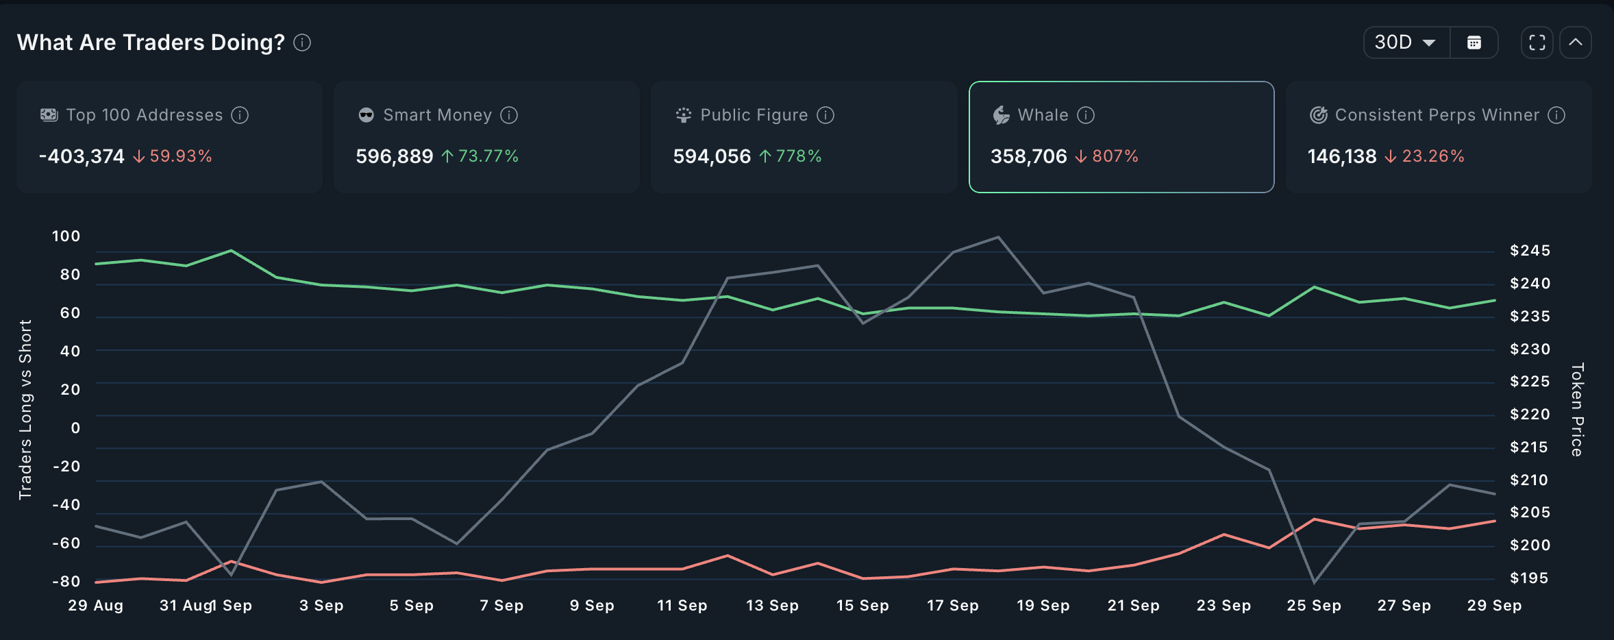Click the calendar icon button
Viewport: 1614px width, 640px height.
click(1474, 42)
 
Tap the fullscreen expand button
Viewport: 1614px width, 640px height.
click(1537, 42)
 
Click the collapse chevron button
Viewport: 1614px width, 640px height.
click(1576, 42)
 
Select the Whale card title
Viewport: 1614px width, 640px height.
click(1043, 115)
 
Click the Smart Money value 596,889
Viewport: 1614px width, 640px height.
click(395, 156)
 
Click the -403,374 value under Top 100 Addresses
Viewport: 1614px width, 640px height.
click(82, 156)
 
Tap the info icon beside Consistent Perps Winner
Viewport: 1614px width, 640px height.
click(1556, 115)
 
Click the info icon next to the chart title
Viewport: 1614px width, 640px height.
click(302, 42)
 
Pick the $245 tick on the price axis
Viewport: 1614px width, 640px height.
click(1530, 251)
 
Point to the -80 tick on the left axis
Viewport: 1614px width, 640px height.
click(66, 581)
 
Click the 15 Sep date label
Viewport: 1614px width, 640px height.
click(862, 606)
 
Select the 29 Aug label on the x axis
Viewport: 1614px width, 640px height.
click(96, 606)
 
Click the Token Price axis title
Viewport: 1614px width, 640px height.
click(1577, 409)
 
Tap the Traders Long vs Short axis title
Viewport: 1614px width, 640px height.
click(25, 409)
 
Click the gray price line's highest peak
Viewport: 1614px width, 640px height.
click(998, 237)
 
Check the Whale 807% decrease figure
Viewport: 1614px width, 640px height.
click(1115, 156)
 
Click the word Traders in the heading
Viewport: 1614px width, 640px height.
click(163, 42)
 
